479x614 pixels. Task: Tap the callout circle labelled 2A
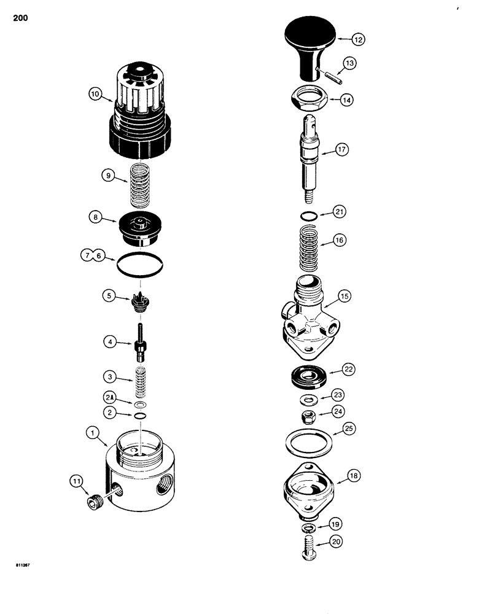coord(109,400)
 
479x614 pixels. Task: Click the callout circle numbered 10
coord(95,95)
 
